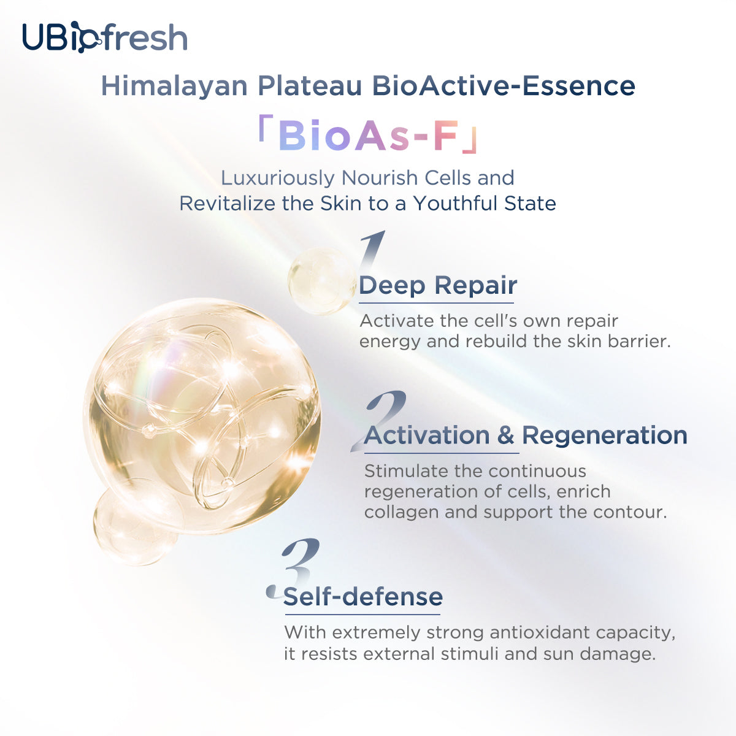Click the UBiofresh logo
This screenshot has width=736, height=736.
(x=104, y=37)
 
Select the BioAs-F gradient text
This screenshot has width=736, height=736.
(x=368, y=136)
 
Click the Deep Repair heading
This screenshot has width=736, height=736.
(x=438, y=286)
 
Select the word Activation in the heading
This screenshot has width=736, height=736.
(x=427, y=435)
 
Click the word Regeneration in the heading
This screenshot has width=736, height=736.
(x=604, y=435)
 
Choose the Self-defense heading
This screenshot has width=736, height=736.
(x=363, y=597)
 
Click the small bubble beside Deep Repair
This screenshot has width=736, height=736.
(x=320, y=281)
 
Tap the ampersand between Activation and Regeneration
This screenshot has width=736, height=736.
(x=505, y=435)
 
